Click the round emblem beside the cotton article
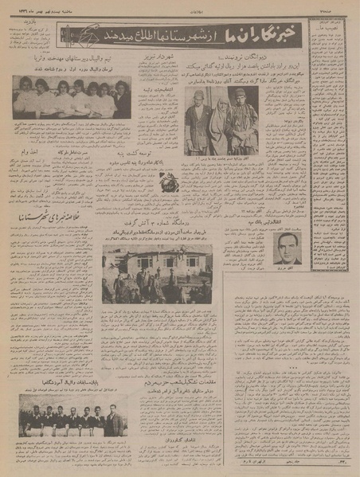(168, 184)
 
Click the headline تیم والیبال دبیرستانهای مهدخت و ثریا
(72, 58)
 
